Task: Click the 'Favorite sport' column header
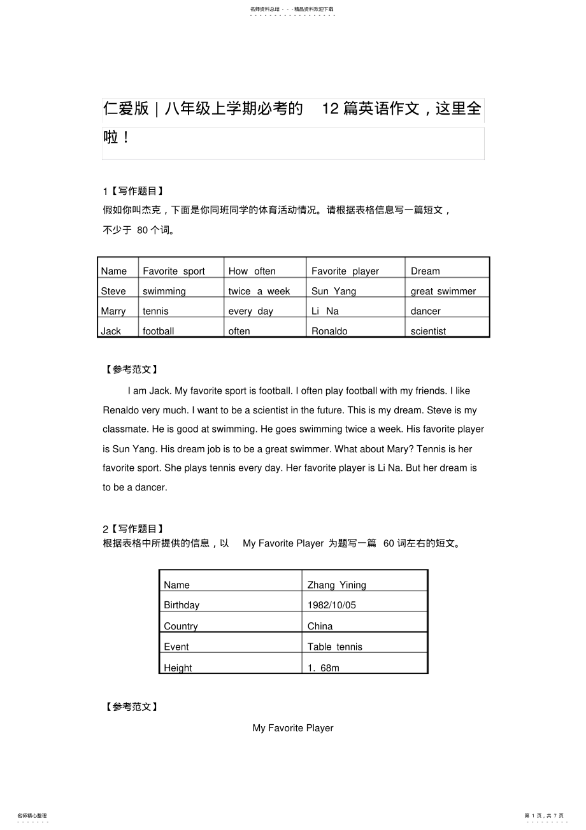point(174,271)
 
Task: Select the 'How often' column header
point(252,271)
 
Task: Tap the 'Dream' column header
point(425,271)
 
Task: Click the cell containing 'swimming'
point(164,291)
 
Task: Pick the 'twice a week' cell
point(259,291)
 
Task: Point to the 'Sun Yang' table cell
point(334,291)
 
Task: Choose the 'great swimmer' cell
point(443,291)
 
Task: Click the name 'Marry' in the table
point(113,311)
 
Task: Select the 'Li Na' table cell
point(325,311)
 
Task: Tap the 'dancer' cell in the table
point(425,311)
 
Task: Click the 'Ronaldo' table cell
point(329,331)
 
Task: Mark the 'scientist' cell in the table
point(428,331)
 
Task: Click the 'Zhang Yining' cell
point(336,585)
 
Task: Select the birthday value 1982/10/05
point(331,605)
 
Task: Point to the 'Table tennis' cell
point(334,647)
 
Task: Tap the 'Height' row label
point(178,668)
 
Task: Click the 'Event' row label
point(176,647)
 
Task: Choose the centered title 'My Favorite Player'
point(293,728)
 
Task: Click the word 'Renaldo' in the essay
point(121,410)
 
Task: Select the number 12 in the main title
point(331,109)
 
